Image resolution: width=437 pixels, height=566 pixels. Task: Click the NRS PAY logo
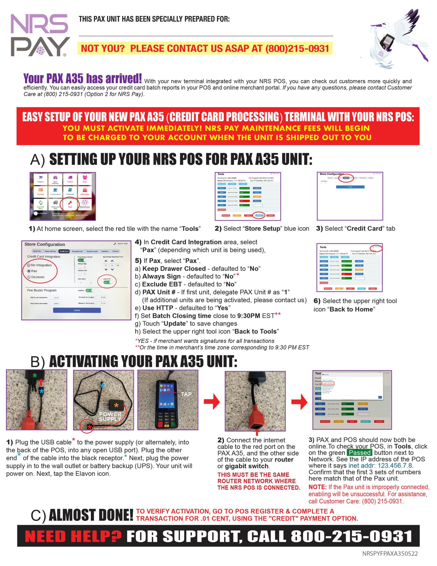pyautogui.click(x=40, y=35)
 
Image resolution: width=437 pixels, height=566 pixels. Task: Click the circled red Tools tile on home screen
pyautogui.click(x=70, y=204)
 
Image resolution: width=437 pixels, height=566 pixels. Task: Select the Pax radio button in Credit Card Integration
pyautogui.click(x=29, y=271)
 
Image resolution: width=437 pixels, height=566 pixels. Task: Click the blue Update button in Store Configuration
pyautogui.click(x=77, y=310)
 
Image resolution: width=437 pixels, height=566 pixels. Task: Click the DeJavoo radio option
pyautogui.click(x=29, y=277)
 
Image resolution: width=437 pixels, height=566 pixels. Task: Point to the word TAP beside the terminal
pyautogui.click(x=186, y=394)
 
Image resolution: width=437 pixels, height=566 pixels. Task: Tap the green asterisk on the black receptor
pyautogui.click(x=35, y=375)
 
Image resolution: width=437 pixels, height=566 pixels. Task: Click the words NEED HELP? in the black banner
pyautogui.click(x=73, y=536)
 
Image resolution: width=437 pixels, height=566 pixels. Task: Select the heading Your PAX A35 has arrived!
pyautogui.click(x=82, y=78)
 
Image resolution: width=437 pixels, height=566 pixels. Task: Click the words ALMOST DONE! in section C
pyautogui.click(x=91, y=515)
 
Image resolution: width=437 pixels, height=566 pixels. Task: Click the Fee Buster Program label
pyautogui.click(x=42, y=290)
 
